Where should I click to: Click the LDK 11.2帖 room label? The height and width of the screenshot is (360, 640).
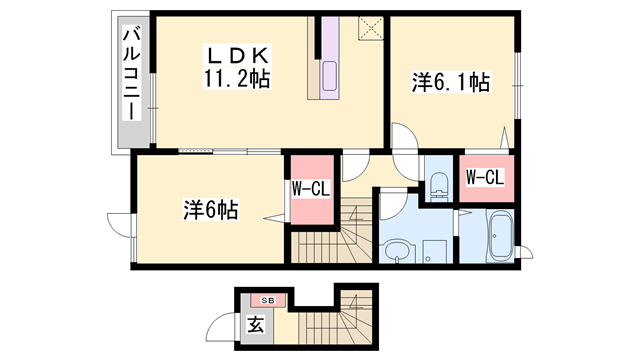[238, 66]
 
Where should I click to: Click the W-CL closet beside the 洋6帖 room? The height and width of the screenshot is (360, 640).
[309, 189]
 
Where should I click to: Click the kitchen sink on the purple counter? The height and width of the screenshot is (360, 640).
[330, 76]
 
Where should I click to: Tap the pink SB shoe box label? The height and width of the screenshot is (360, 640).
[267, 300]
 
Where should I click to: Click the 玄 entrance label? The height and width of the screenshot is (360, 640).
[255, 324]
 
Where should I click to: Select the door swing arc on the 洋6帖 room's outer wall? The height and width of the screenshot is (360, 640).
[119, 226]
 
